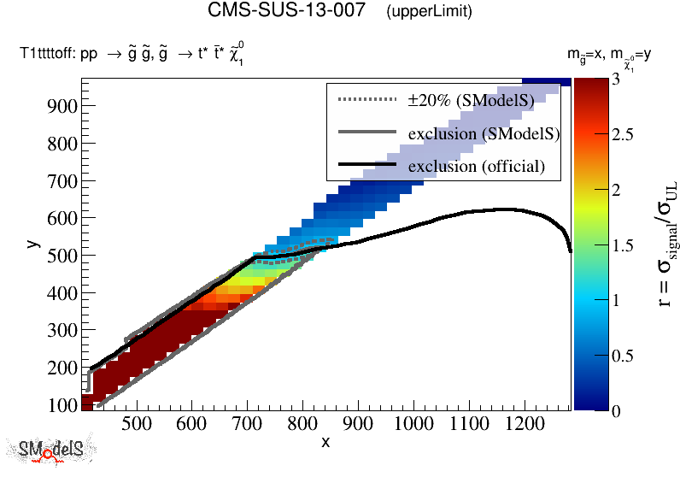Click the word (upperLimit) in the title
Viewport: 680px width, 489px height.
pyautogui.click(x=429, y=12)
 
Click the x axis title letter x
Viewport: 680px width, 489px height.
pyautogui.click(x=325, y=442)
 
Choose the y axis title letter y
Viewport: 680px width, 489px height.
pyautogui.click(x=32, y=244)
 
